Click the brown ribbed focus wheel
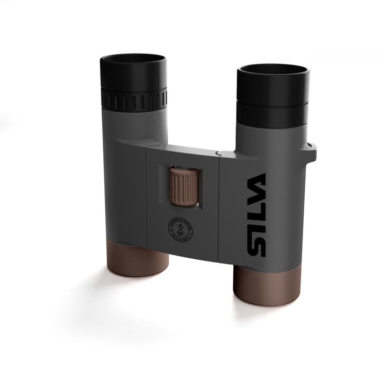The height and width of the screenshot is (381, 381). pyautogui.click(x=184, y=185)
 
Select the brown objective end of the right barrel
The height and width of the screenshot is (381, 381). pyautogui.click(x=267, y=286)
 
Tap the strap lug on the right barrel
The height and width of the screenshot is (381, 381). pyautogui.click(x=311, y=152)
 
